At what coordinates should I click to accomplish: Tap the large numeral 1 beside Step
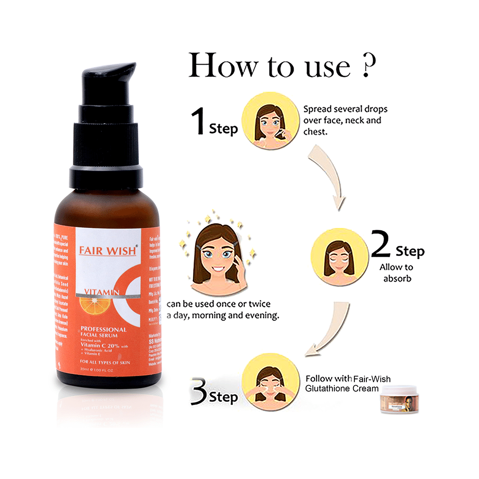(x=198, y=122)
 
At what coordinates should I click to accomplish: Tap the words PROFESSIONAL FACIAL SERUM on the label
(x=103, y=332)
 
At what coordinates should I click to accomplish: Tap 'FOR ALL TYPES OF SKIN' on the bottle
(x=105, y=362)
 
